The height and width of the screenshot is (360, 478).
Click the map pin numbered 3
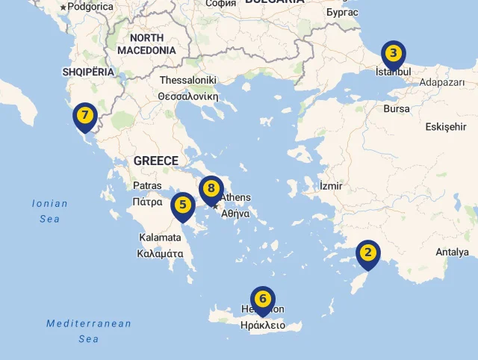point(394,55)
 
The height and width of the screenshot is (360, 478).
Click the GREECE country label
point(156,161)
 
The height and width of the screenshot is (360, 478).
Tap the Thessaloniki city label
point(187,81)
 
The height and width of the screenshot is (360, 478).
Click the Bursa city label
point(396,108)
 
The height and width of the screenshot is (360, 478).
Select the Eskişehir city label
point(446,127)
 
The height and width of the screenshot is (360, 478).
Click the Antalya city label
point(452,252)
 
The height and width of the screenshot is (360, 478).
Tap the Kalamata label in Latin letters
point(160,238)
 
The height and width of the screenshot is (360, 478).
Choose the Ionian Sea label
point(50,211)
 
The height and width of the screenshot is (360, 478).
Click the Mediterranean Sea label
point(89,331)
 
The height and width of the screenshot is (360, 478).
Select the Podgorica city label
point(90,7)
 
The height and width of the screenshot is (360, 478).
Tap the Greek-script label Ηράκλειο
point(263,326)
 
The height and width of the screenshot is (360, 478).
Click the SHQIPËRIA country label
point(88,72)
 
